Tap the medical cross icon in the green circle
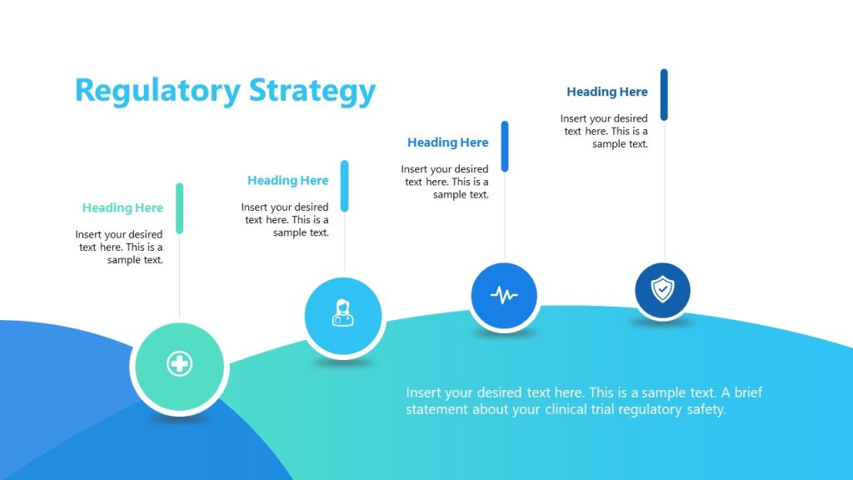[x=179, y=364]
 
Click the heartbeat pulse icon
[x=503, y=295]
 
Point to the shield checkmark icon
[x=662, y=290]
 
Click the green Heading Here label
[x=122, y=207]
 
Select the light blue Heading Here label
[x=287, y=180]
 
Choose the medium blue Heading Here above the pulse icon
[x=447, y=142]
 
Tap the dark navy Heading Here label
[x=606, y=92]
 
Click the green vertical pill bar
[x=179, y=208]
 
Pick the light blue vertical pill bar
[x=344, y=186]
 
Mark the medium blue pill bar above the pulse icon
[x=504, y=146]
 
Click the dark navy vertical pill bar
[x=664, y=94]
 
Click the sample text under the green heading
[x=119, y=247]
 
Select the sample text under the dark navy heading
[x=604, y=131]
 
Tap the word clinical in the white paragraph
[x=570, y=409]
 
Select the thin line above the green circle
[x=179, y=275]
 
